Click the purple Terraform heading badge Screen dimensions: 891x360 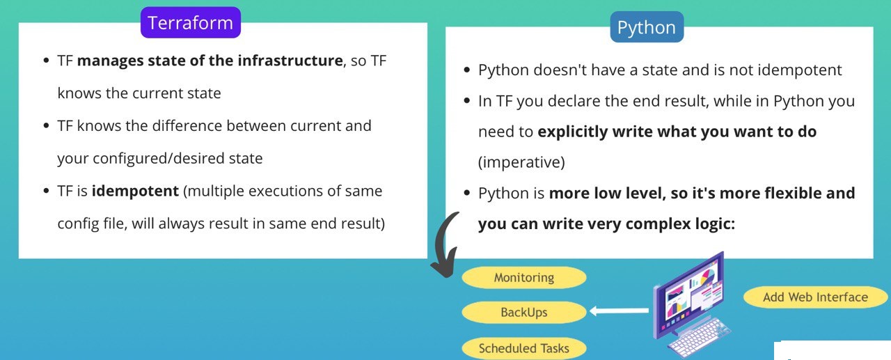click(x=191, y=23)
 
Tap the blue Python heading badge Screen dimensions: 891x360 click(x=647, y=27)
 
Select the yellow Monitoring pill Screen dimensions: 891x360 click(x=524, y=277)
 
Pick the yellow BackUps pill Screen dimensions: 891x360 click(x=524, y=312)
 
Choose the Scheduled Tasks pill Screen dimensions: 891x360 click(x=524, y=348)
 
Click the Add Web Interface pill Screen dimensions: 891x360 click(x=815, y=297)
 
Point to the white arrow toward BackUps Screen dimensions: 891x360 click(x=620, y=311)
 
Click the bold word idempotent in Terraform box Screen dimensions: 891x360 click(x=135, y=191)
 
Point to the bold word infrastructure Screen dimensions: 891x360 click(x=290, y=61)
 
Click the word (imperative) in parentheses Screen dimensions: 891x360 click(x=521, y=162)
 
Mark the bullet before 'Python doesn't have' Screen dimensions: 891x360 click(x=467, y=70)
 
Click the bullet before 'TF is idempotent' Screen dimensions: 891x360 click(x=46, y=191)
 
